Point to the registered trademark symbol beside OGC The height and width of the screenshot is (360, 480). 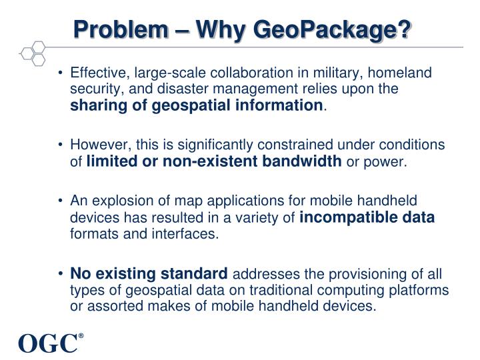point(81,336)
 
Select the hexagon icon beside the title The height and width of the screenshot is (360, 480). point(32,51)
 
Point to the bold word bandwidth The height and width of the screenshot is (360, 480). point(305,161)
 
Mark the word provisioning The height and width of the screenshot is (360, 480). point(361,274)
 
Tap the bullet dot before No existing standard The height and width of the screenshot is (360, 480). point(62,274)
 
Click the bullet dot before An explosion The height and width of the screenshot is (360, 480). point(62,201)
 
